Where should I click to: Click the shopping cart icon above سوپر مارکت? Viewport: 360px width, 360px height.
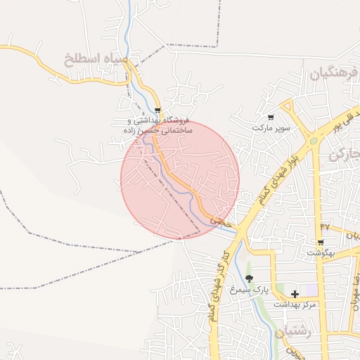(271, 117)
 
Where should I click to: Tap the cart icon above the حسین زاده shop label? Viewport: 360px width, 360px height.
(157, 110)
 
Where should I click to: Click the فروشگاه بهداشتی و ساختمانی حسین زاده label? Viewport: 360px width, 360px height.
(156, 126)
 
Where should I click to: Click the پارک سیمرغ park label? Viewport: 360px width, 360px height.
(250, 290)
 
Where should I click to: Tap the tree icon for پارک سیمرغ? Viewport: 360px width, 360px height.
(249, 279)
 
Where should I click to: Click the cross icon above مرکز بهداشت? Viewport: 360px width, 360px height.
(295, 294)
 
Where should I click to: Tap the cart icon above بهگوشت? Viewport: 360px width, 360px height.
(321, 242)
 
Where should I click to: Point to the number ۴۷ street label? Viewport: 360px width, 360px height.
(325, 226)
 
